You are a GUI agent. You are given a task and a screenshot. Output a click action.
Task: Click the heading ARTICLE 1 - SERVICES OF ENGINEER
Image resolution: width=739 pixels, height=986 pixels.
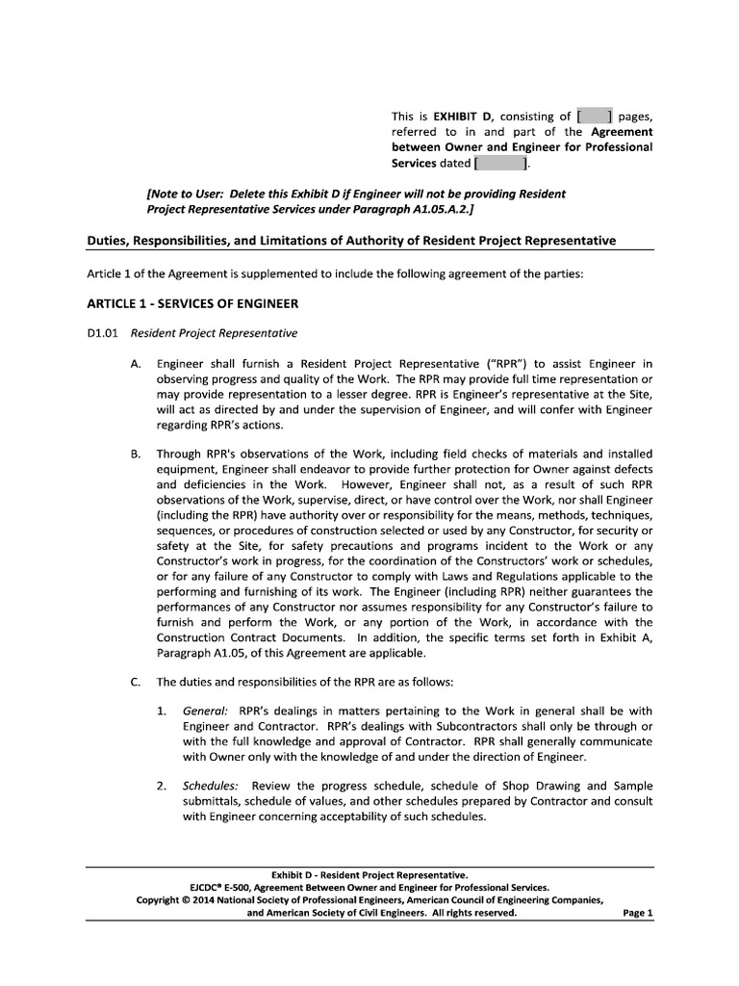click(x=192, y=303)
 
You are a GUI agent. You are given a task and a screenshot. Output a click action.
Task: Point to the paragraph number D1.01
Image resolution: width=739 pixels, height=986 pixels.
click(x=101, y=334)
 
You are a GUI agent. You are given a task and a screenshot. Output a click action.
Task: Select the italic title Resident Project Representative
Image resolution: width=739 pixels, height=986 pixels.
click(x=214, y=334)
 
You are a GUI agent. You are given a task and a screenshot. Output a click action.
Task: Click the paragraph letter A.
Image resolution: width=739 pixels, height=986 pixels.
click(x=135, y=364)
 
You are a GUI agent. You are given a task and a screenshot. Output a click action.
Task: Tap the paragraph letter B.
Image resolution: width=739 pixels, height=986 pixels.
click(x=135, y=453)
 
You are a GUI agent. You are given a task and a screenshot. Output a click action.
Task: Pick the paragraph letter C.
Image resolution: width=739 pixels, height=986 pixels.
click(x=135, y=683)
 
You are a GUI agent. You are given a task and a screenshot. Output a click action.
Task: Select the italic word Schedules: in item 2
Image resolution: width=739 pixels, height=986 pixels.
click(x=211, y=787)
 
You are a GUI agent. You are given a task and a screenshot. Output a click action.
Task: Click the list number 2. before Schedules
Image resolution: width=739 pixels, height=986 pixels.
click(x=162, y=787)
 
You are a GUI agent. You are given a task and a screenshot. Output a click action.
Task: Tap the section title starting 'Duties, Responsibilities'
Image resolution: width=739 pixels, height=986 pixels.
click(x=351, y=240)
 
